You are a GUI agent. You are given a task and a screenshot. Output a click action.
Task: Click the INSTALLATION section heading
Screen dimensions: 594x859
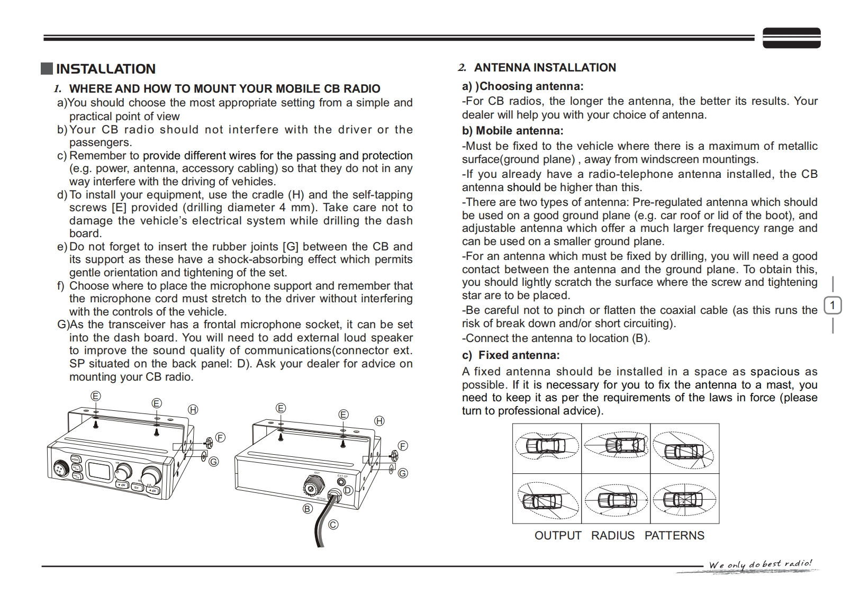coord(105,69)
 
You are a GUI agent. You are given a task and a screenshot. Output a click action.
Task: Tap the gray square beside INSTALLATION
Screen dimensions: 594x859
coord(47,69)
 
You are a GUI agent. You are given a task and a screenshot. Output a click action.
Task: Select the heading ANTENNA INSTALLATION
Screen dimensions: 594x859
coord(545,68)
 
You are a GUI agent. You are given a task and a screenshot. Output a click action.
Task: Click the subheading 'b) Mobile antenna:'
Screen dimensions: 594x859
coord(512,131)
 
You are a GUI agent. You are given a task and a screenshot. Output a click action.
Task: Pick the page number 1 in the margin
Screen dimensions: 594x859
coord(833,305)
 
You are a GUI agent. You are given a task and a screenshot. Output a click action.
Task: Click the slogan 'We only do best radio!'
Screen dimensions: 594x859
coord(760,564)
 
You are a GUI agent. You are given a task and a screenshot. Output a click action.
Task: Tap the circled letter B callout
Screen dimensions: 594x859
coord(308,509)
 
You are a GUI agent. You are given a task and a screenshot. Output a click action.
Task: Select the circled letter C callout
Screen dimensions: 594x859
coord(333,525)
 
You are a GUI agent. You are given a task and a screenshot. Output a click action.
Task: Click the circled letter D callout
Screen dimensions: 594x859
coord(348,490)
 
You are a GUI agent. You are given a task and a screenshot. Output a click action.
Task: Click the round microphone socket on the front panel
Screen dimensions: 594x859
coord(60,467)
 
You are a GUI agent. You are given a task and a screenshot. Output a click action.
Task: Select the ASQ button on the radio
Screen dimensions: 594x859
coord(75,460)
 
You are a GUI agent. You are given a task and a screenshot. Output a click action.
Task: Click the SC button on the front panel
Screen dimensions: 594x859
coord(136,487)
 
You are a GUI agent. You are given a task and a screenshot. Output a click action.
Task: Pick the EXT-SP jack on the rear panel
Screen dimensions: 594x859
coord(341,481)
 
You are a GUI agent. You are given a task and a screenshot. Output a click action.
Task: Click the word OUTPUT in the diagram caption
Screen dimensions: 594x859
coord(557,536)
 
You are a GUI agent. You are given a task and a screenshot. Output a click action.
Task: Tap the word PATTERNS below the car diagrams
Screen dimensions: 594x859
coord(674,536)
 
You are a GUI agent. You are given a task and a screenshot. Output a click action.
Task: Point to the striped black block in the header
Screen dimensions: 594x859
coord(791,38)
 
